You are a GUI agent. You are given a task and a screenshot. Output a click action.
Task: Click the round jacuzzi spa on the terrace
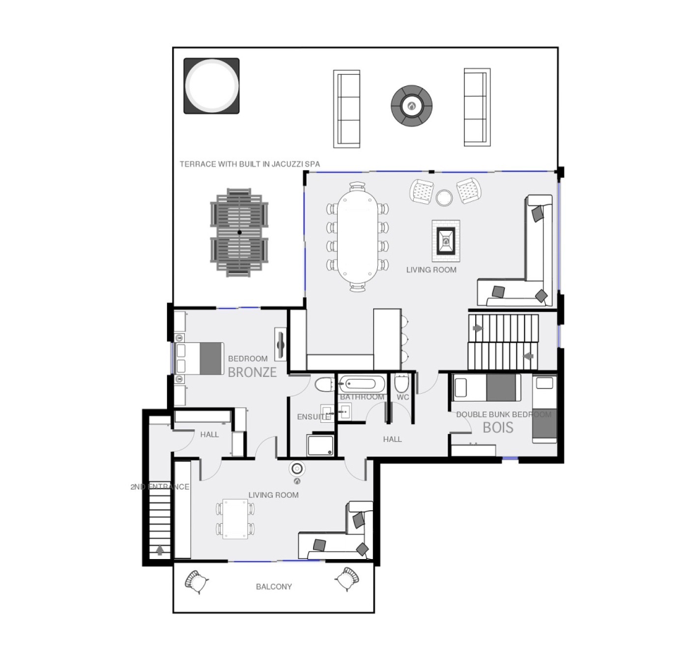pyautogui.click(x=212, y=85)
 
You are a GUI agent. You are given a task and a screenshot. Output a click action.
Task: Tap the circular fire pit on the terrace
pyautogui.click(x=411, y=106)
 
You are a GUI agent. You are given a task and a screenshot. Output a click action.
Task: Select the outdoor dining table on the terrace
pyautogui.click(x=239, y=232)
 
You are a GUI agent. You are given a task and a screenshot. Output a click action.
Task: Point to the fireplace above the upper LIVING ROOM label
pyautogui.click(x=446, y=241)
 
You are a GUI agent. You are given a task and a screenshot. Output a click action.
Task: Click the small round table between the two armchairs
pyautogui.click(x=444, y=198)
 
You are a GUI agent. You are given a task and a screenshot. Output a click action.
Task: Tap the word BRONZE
pyautogui.click(x=252, y=372)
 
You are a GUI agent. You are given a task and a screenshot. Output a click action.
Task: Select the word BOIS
pyautogui.click(x=498, y=428)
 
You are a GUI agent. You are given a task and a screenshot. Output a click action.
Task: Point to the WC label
pyautogui.click(x=403, y=397)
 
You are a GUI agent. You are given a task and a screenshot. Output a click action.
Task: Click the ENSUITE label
pyautogui.click(x=313, y=417)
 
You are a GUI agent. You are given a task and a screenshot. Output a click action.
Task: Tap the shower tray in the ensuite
pyautogui.click(x=321, y=445)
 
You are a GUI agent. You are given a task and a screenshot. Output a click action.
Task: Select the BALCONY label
pyautogui.click(x=274, y=587)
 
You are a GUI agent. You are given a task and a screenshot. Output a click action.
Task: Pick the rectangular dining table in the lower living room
pyautogui.click(x=235, y=519)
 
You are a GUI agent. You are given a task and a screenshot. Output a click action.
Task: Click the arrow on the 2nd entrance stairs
pyautogui.click(x=160, y=550)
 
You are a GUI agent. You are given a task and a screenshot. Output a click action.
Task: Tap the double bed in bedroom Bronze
pyautogui.click(x=199, y=359)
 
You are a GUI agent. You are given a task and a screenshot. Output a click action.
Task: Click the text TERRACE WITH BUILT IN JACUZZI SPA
pyautogui.click(x=250, y=164)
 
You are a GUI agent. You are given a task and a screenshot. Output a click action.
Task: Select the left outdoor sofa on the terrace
pyautogui.click(x=346, y=109)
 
